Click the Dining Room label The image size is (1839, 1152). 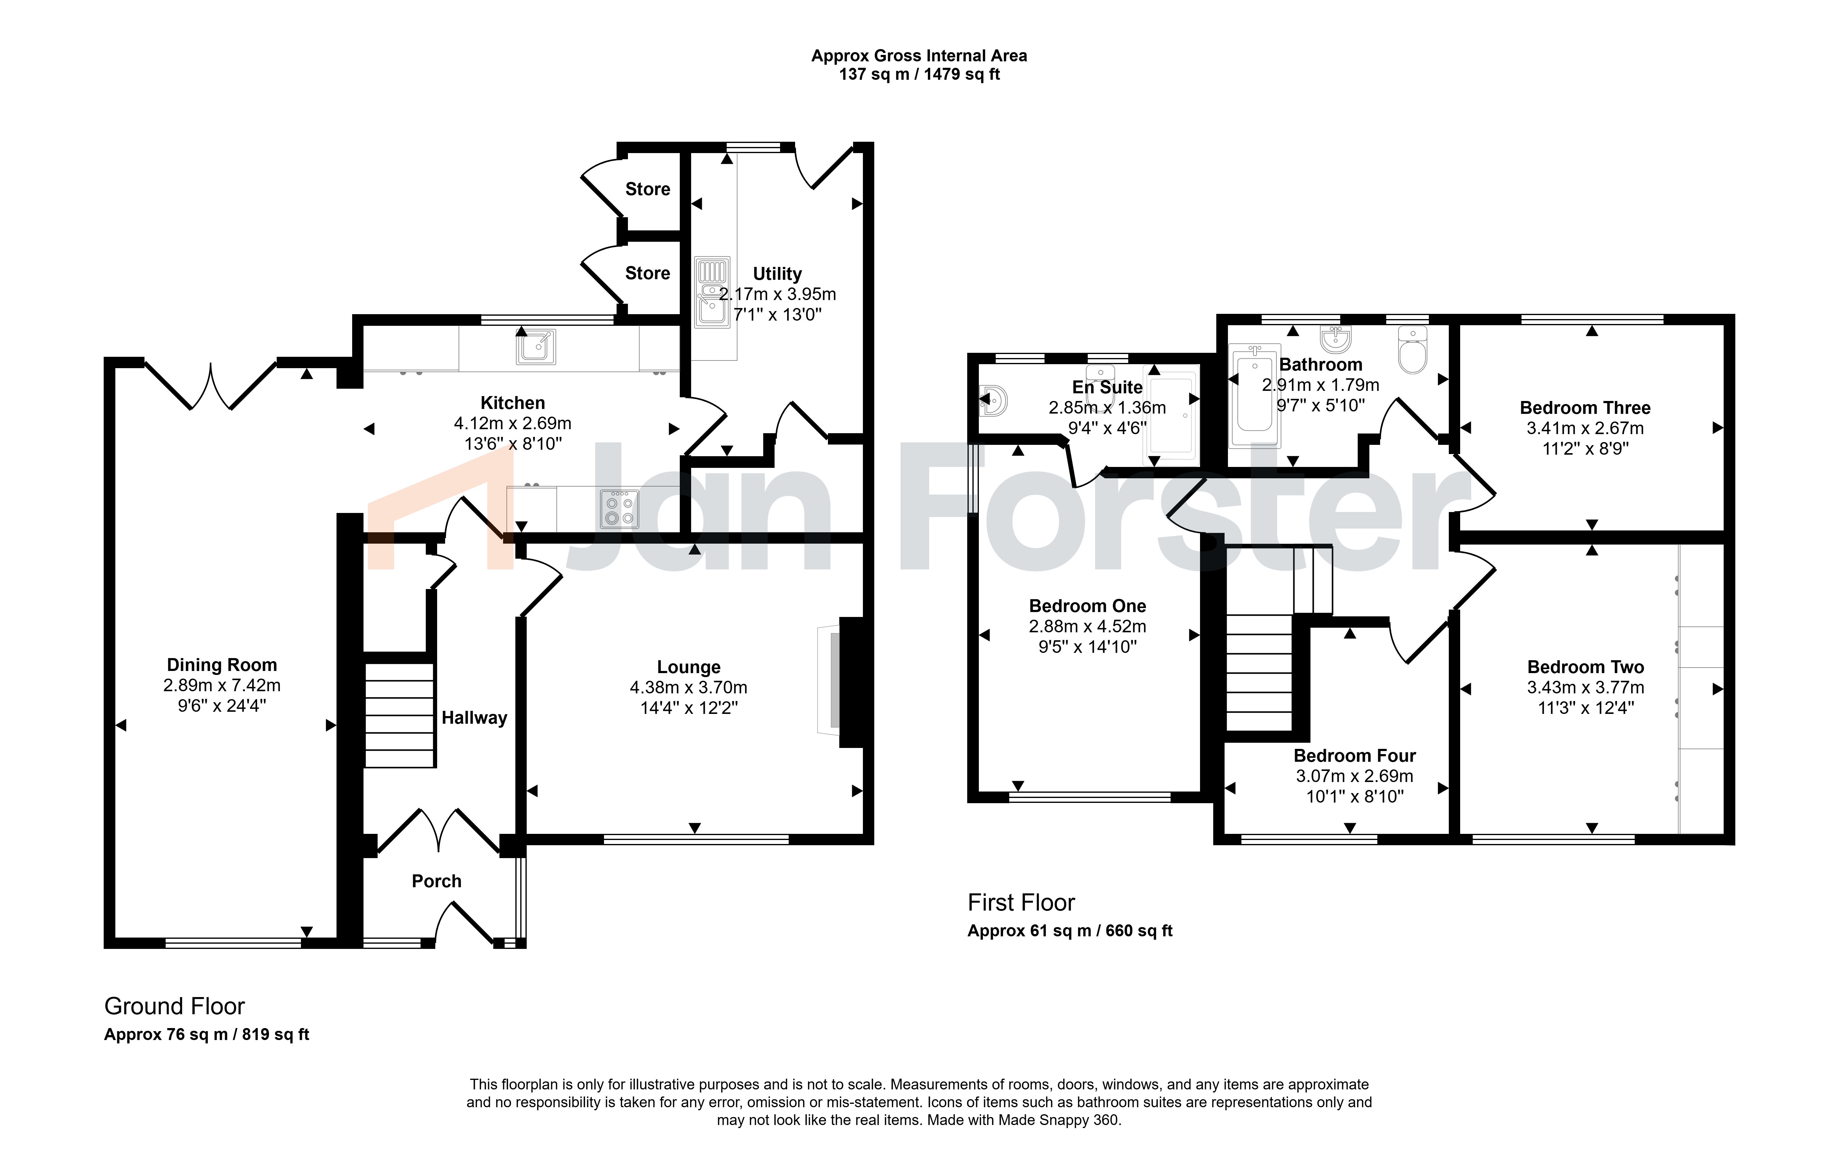222,665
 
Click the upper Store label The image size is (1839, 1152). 648,189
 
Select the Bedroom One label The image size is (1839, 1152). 1087,607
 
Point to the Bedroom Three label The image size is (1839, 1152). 1585,408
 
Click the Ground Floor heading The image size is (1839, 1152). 175,1007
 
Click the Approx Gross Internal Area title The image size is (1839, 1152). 919,56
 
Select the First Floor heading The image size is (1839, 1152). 1021,903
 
